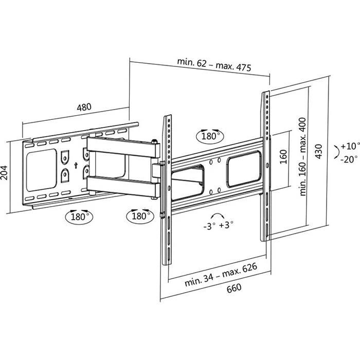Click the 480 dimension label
click(84, 108)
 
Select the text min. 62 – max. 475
click(210, 62)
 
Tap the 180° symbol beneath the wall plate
click(78, 215)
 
